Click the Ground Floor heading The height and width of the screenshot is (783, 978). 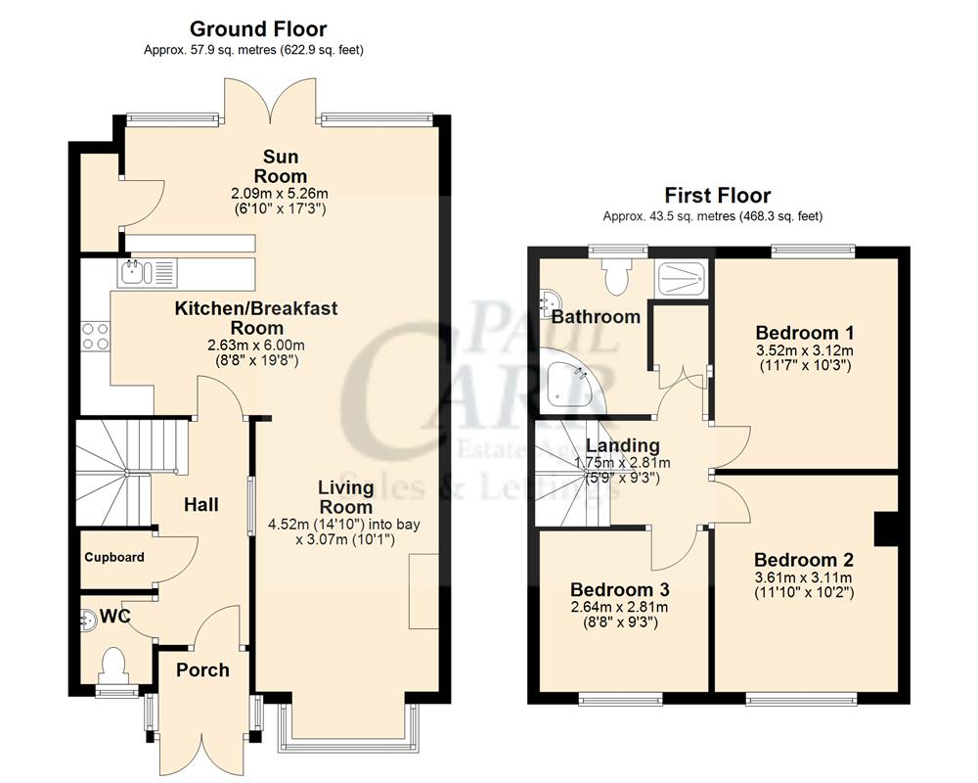point(258,29)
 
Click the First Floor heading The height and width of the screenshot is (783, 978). point(717,196)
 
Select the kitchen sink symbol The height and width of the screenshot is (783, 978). point(146,272)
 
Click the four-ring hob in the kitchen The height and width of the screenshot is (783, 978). point(95,336)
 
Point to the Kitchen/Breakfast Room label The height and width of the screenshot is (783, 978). point(257,318)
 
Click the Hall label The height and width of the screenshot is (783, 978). point(201,505)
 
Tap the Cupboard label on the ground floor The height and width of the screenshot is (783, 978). point(114,558)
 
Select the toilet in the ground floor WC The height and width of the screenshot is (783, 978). point(113,666)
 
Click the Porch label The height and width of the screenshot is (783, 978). point(202,670)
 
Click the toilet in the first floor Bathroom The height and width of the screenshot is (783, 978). point(617,276)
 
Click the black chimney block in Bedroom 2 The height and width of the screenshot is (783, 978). point(886,529)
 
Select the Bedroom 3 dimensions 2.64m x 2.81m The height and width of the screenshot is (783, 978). point(614,607)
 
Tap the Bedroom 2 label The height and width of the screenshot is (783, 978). point(804,561)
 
